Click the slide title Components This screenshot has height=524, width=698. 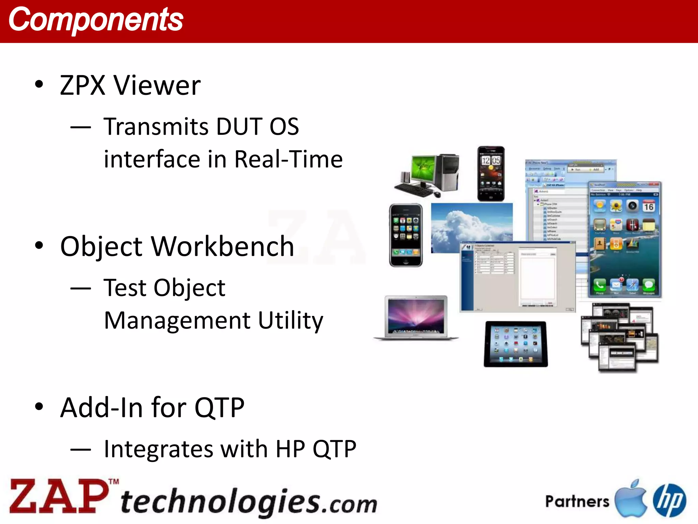point(96,20)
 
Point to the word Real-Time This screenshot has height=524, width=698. point(288,159)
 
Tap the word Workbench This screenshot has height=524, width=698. point(222,246)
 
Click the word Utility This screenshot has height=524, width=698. point(290,321)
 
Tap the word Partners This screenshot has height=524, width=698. point(577,501)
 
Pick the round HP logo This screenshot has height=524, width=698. point(669,500)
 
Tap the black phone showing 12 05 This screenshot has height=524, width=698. point(491,174)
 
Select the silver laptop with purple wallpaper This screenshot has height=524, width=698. point(416,318)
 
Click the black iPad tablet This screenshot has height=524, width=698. point(515,344)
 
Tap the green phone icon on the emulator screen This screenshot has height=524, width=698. point(600,285)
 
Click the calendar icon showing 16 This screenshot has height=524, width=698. point(649,206)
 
